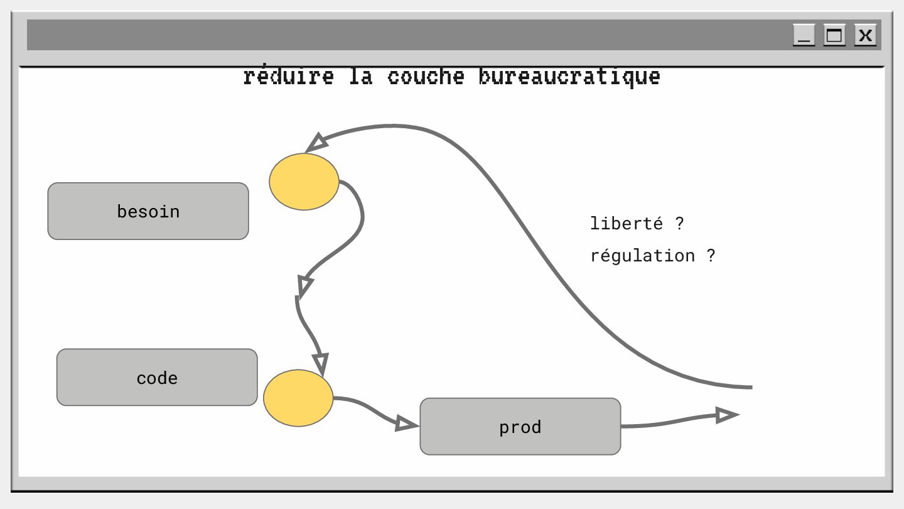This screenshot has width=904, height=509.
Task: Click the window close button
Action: pyautogui.click(x=865, y=35)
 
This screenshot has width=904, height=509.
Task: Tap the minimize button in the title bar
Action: pyautogui.click(x=804, y=35)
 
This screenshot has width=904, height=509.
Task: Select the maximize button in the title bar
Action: pyautogui.click(x=834, y=35)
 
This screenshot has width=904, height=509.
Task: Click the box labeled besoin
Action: pyautogui.click(x=148, y=211)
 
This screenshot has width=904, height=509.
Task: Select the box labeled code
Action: pyautogui.click(x=157, y=377)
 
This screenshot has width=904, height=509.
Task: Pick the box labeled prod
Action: pyautogui.click(x=520, y=426)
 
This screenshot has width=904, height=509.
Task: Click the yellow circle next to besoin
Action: pyautogui.click(x=304, y=182)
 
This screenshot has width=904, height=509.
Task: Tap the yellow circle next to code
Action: pyautogui.click(x=298, y=398)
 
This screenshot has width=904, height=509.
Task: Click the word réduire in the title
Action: pyautogui.click(x=288, y=77)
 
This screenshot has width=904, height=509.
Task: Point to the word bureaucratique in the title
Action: pyautogui.click(x=569, y=77)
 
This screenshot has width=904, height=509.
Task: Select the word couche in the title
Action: pyautogui.click(x=426, y=77)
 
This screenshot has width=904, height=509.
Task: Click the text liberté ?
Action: pyautogui.click(x=637, y=223)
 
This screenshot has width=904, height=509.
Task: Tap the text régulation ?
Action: pyautogui.click(x=652, y=256)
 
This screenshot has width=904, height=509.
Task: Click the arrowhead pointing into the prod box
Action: pyautogui.click(x=406, y=424)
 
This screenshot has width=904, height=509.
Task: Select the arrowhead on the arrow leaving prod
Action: pyautogui.click(x=726, y=415)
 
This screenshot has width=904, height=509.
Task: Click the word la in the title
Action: pyautogui.click(x=361, y=77)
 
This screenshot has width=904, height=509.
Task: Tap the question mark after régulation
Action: pyautogui.click(x=711, y=256)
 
